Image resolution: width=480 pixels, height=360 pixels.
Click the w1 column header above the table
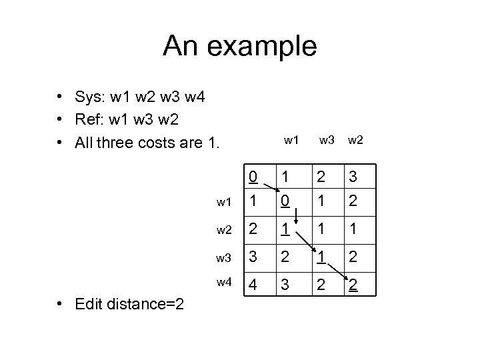pos(291,141)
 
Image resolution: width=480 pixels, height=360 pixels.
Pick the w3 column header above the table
pos(327,141)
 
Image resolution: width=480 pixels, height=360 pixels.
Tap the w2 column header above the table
pos(357,141)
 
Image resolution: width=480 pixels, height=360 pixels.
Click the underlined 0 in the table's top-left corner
pos(252,177)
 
